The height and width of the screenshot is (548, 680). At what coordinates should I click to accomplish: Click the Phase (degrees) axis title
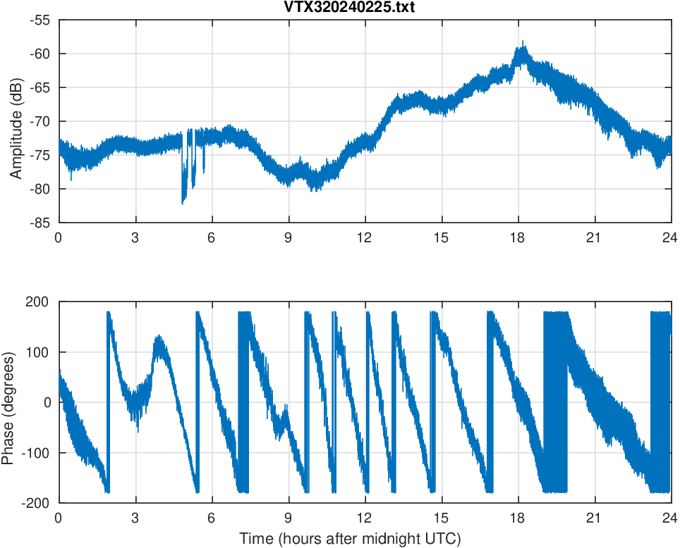(x=8, y=402)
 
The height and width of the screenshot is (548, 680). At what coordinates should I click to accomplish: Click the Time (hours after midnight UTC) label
(x=350, y=539)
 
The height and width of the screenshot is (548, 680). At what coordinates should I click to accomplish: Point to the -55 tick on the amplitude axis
(x=40, y=20)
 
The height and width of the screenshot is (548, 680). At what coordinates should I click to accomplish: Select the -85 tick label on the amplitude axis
(x=40, y=223)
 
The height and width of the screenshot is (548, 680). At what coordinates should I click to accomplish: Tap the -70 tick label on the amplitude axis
(x=40, y=121)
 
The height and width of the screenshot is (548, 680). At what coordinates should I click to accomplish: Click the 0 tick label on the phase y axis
(x=48, y=402)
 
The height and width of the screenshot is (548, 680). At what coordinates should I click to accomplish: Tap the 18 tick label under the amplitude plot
(x=518, y=237)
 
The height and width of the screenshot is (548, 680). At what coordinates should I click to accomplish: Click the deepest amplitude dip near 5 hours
(x=183, y=203)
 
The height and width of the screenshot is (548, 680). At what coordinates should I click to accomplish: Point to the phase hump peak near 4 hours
(x=157, y=336)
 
